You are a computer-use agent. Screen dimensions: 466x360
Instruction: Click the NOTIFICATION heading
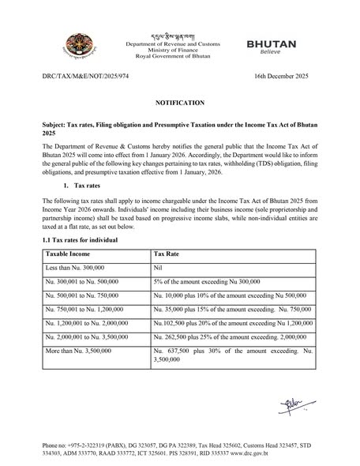coord(179,104)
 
